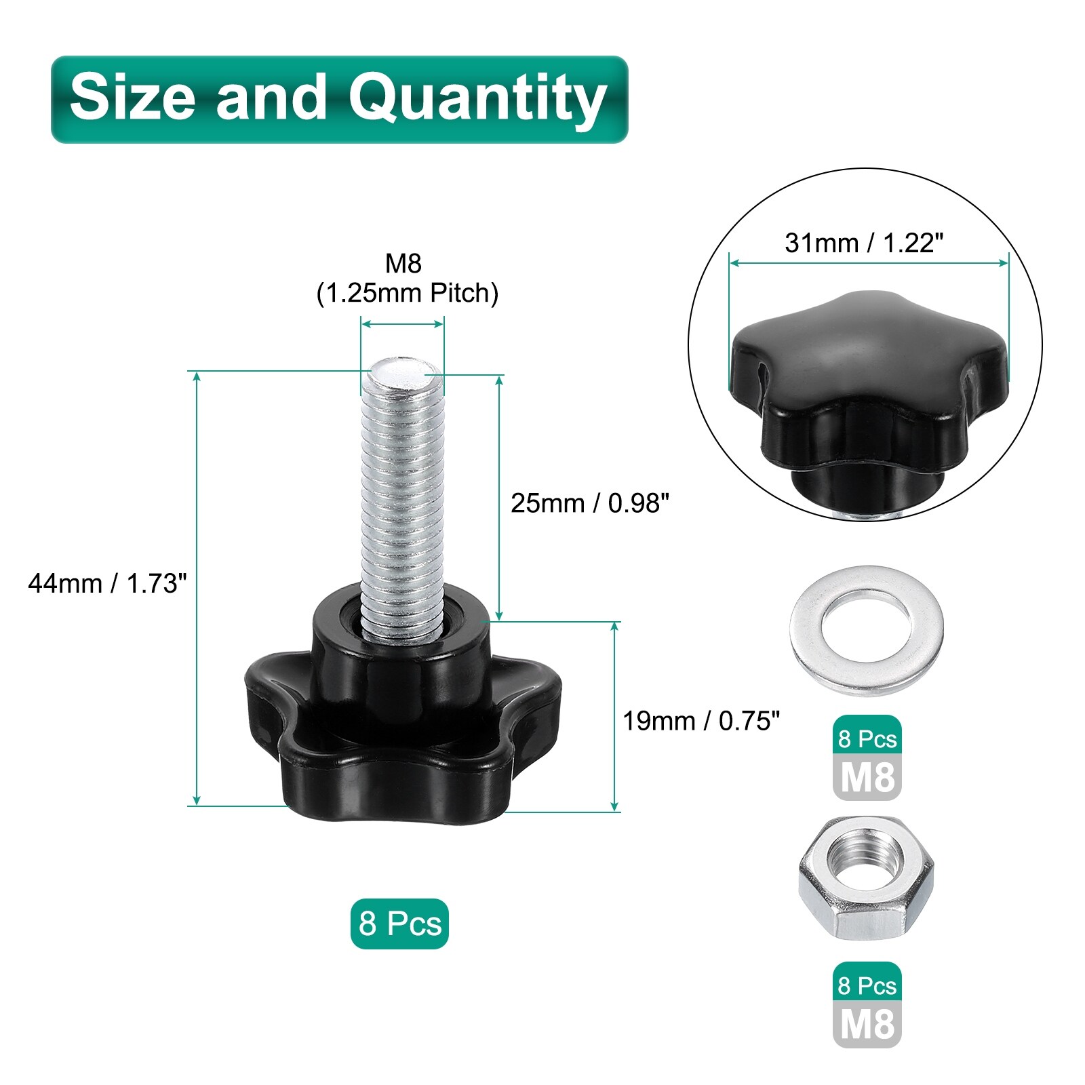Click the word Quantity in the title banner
click(477, 99)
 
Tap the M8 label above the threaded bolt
click(403, 263)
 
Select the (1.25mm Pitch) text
click(408, 293)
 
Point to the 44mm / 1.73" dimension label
click(107, 583)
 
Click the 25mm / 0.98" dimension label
click(590, 503)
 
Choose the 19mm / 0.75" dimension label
click(701, 721)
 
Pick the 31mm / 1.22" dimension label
click(864, 243)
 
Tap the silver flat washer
click(866, 631)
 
